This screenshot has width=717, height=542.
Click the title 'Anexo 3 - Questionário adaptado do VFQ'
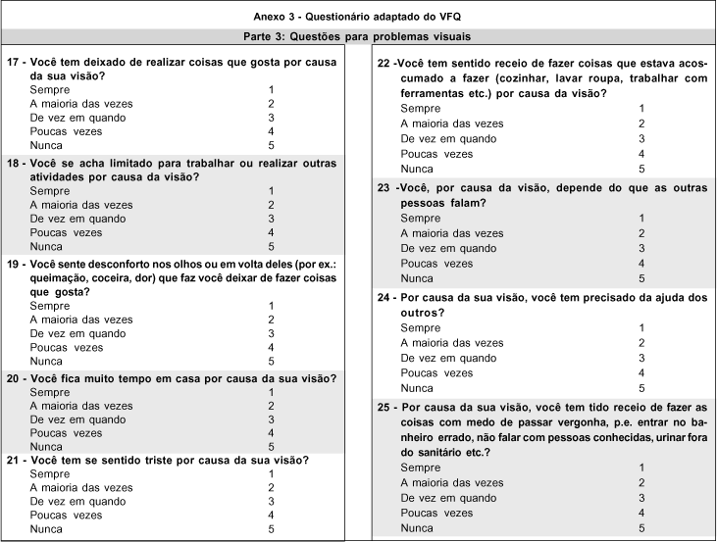(358, 16)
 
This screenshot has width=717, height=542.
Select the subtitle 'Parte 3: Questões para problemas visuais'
(358, 36)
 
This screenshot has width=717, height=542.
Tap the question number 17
(13, 61)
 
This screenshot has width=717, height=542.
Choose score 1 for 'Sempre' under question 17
(271, 89)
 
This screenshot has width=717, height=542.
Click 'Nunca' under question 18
(48, 246)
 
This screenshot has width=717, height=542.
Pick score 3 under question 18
(271, 219)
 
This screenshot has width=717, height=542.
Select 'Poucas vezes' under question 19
(66, 347)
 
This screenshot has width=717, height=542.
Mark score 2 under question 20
(271, 405)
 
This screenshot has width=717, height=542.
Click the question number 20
(13, 376)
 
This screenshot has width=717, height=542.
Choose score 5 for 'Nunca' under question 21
(271, 528)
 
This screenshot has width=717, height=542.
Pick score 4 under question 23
(641, 263)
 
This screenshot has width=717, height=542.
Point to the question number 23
(384, 186)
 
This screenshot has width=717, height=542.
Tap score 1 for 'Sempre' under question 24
(641, 327)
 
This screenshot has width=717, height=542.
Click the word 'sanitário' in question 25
(431, 453)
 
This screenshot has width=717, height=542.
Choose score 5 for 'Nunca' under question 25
(641, 528)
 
